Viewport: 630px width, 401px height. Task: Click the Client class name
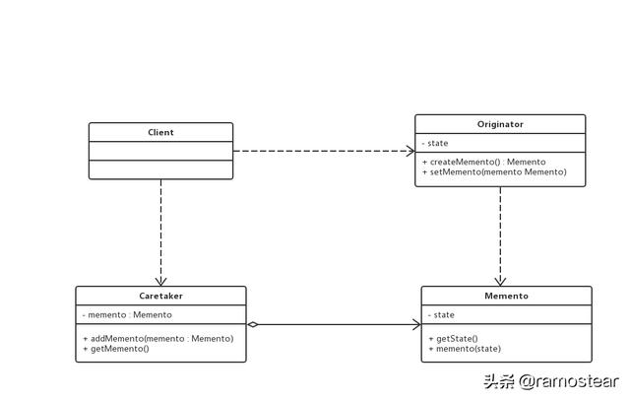coord(160,131)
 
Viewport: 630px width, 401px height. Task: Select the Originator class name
coord(499,124)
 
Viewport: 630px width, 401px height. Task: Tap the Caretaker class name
coord(160,296)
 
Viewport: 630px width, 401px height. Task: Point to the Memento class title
coord(506,296)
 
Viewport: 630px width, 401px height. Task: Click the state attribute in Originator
coord(437,143)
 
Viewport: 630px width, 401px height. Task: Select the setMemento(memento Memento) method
coord(494,171)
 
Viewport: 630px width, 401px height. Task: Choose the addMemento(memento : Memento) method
coord(157,338)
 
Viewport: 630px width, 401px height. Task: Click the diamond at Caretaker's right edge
coord(253,324)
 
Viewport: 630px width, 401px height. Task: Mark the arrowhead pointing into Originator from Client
coord(409,151)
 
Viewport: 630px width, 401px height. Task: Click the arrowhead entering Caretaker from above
coord(160,281)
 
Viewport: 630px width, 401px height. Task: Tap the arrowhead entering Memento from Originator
coord(500,281)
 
